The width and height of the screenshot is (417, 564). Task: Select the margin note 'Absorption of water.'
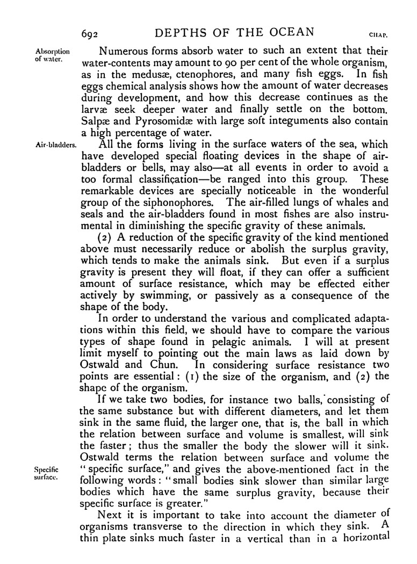click(x=50, y=55)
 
